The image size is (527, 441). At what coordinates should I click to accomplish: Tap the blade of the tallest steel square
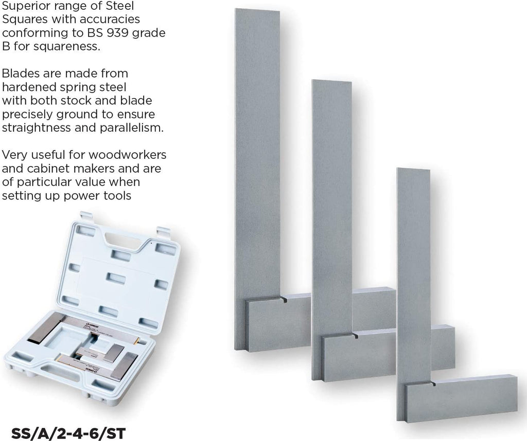coord(257,154)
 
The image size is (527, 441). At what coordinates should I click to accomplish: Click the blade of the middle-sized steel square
coord(331,206)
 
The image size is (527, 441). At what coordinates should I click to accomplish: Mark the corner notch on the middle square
coord(356,336)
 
